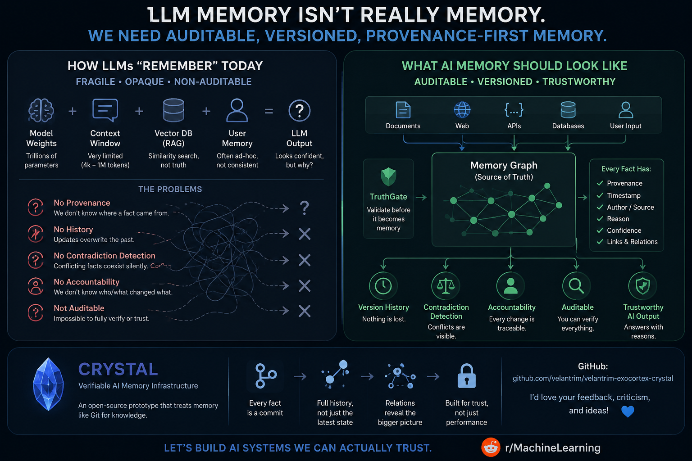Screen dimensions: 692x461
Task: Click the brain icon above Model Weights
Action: coord(41,110)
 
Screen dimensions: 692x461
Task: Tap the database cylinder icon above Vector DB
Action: coord(173,110)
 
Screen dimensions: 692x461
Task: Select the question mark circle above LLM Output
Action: coord(299,110)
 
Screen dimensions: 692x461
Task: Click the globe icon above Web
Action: coord(462,109)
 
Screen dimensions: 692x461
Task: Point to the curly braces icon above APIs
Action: coord(514,109)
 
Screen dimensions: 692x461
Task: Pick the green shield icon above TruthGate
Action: coord(388,176)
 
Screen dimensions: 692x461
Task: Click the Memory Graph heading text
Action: coord(504,165)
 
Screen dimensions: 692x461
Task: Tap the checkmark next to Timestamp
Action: coord(600,195)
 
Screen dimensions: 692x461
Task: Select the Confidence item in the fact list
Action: coord(624,230)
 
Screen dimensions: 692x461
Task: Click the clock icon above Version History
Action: coord(383,285)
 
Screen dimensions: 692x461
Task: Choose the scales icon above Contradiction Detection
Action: coord(446,285)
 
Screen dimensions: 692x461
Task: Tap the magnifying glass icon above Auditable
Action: coord(577,285)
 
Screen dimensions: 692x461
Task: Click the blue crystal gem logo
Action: coord(49,384)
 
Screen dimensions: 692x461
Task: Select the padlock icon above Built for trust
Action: coord(466,375)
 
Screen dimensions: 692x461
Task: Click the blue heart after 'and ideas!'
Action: coord(628,411)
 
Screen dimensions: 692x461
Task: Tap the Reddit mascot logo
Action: coord(491,447)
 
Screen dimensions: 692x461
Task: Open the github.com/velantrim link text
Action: coord(593,378)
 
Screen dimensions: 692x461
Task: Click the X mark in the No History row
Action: coord(305,234)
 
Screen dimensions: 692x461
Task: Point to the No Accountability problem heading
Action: coord(86,282)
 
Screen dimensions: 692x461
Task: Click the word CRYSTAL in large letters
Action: coord(118,369)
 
